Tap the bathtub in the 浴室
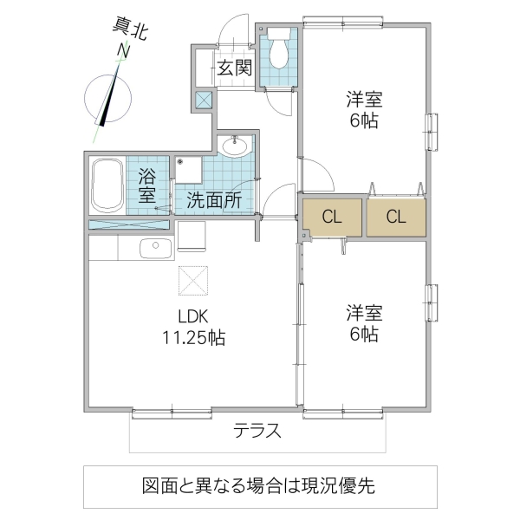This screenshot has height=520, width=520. pyautogui.click(x=107, y=185)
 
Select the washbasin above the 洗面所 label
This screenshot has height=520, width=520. pyautogui.click(x=234, y=146)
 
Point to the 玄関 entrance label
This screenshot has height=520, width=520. pyautogui.click(x=234, y=67)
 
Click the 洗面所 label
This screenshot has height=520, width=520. pyautogui.click(x=214, y=199)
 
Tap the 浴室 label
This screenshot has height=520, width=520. pyautogui.click(x=146, y=185)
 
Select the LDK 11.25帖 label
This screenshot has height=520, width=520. pyautogui.click(x=194, y=327)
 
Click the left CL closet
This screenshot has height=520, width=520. pyautogui.click(x=332, y=218)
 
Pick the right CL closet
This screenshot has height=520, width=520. pyautogui.click(x=396, y=218)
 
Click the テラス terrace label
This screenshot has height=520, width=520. pyautogui.click(x=257, y=431)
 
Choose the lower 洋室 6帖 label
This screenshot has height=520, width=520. pyautogui.click(x=364, y=322)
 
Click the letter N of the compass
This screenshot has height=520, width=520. pyautogui.click(x=124, y=53)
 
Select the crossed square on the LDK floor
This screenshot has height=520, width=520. pyautogui.click(x=191, y=280)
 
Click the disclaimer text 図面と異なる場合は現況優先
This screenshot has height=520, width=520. pyautogui.click(x=259, y=485)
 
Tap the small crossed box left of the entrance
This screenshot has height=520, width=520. pyautogui.click(x=204, y=100)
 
